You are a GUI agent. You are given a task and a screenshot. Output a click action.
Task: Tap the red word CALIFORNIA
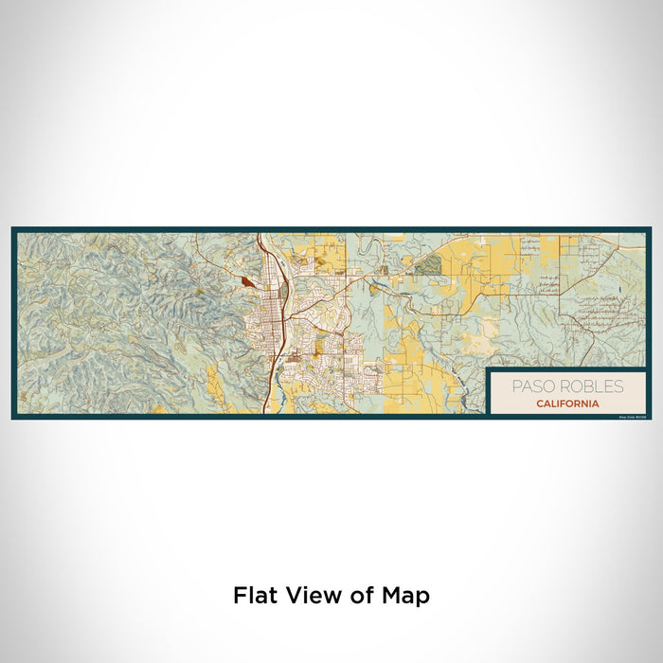(x=566, y=403)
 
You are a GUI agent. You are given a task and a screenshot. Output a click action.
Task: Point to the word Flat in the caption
(x=257, y=596)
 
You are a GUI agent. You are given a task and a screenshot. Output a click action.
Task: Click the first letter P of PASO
(x=515, y=386)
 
